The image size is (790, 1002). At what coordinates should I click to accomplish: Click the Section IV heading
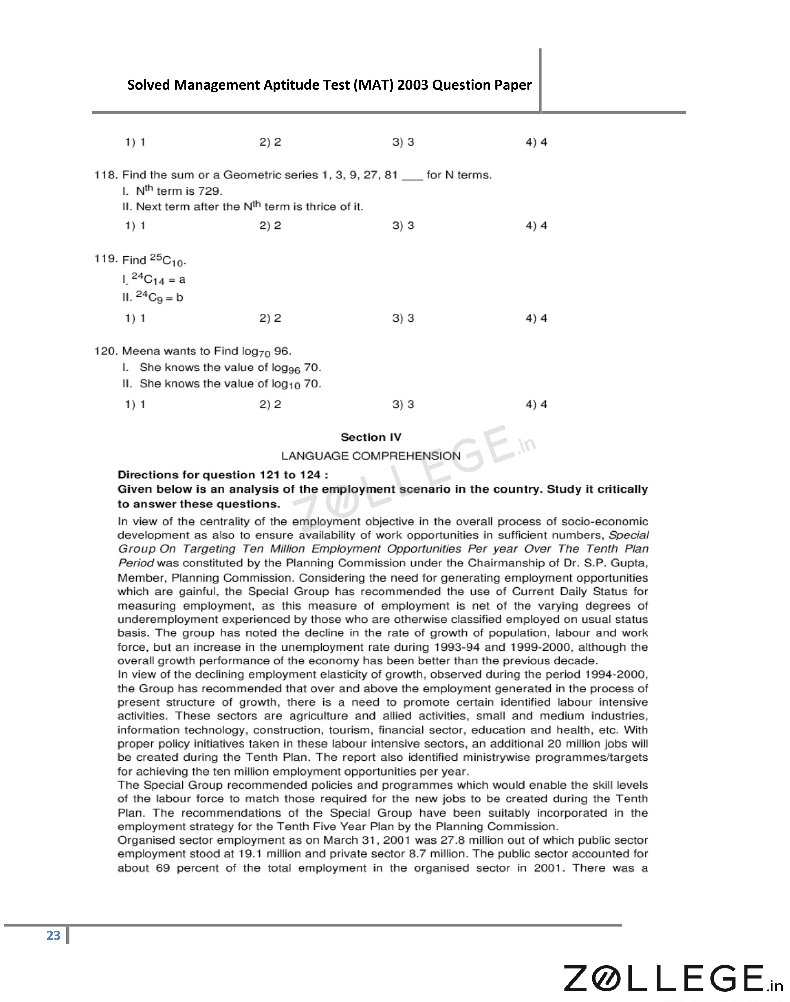[x=371, y=437]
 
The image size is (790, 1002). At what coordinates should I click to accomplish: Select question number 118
[x=106, y=175]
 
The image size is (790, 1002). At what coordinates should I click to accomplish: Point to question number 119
[x=106, y=259]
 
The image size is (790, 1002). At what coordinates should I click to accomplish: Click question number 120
[x=106, y=351]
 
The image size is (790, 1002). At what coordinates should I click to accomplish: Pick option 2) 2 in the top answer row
[x=270, y=142]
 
